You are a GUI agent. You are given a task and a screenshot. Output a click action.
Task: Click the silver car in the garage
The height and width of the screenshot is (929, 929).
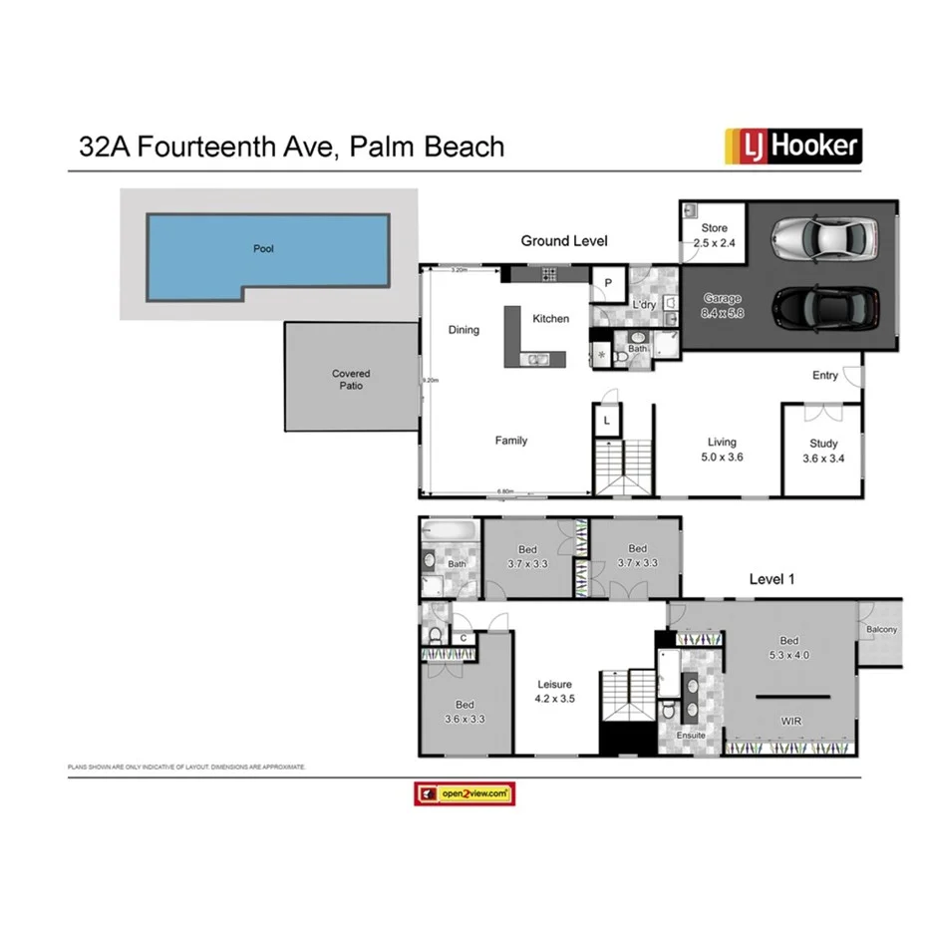tap(824, 236)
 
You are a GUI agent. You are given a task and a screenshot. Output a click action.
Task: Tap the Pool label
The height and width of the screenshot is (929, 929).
tap(263, 249)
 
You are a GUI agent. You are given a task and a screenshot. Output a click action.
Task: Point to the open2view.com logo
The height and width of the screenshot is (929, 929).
tap(464, 793)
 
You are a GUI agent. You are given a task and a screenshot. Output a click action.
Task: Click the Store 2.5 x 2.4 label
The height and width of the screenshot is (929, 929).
tap(715, 235)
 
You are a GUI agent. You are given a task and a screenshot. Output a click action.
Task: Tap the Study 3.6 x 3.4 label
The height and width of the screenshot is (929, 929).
tap(821, 451)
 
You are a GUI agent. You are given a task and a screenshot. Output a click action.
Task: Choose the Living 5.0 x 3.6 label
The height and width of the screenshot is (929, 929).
tap(722, 450)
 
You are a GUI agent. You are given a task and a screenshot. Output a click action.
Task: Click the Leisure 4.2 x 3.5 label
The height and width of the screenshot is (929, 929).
tap(555, 692)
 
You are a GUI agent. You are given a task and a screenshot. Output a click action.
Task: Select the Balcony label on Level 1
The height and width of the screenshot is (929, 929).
tap(881, 630)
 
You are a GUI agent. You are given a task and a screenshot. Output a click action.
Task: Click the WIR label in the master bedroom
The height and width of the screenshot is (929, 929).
tap(791, 721)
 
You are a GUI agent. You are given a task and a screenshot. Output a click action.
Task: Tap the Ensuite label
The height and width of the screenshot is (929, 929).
tap(691, 736)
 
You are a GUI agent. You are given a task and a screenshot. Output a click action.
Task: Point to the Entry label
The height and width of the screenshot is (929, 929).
tap(825, 376)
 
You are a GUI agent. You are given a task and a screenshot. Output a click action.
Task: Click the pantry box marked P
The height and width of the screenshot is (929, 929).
tap(607, 283)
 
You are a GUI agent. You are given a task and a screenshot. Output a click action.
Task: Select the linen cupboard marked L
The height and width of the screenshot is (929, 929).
tap(607, 422)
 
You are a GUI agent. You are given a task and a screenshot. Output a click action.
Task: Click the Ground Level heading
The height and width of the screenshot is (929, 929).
tap(564, 241)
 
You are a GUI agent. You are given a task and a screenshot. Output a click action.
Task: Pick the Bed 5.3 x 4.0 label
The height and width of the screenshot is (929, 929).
tap(789, 648)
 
